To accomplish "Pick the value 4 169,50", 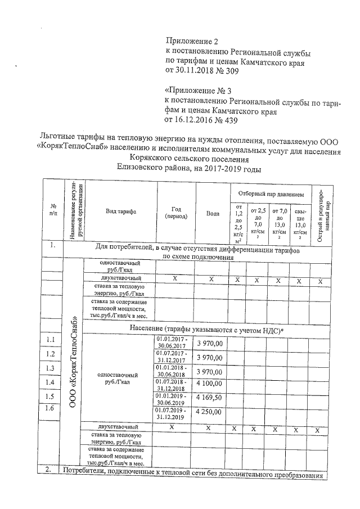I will click(210, 398).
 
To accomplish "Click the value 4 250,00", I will click(210, 412).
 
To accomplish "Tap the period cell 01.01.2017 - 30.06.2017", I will click(174, 343).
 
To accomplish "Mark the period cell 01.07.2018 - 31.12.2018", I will click(174, 385).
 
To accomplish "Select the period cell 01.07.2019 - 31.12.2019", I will click(174, 413).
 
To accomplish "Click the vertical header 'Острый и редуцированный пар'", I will click(321, 213).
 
